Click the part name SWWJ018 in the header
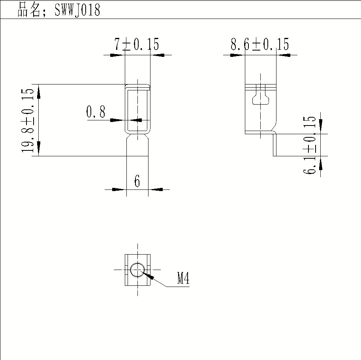click(x=77, y=9)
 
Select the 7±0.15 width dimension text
click(x=137, y=44)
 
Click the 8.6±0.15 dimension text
click(x=260, y=44)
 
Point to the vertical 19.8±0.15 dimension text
click(x=28, y=120)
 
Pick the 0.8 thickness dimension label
click(x=96, y=112)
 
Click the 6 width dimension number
click(x=137, y=181)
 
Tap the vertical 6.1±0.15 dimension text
click(x=309, y=145)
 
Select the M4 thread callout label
click(x=183, y=278)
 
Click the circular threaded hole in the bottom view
click(x=137, y=270)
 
